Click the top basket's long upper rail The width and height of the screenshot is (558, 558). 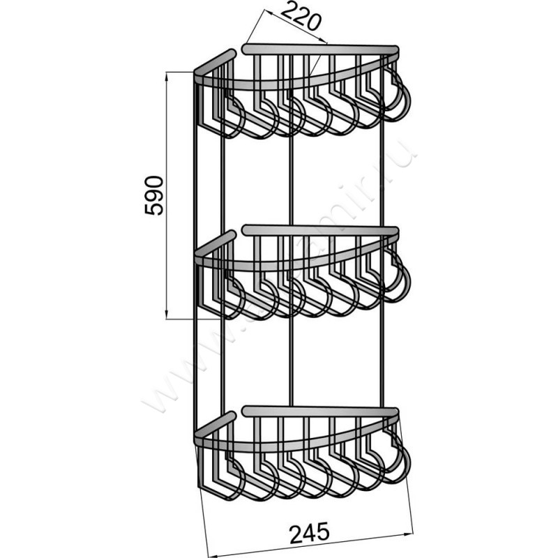[321, 49]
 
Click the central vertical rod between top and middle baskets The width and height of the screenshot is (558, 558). [290, 181]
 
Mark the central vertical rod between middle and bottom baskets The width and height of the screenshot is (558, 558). [290, 363]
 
